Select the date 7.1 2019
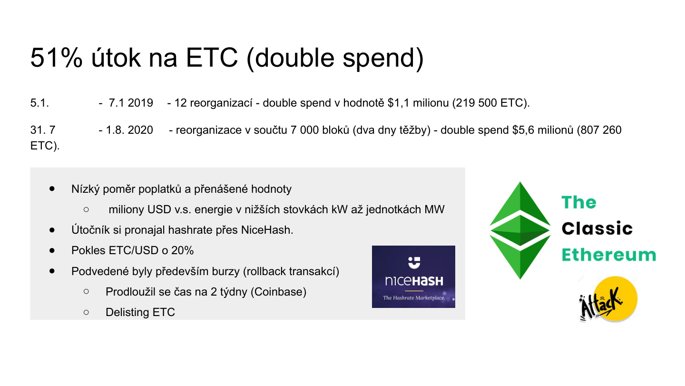tap(131, 103)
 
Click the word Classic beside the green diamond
tap(597, 229)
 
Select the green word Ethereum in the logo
tap(609, 255)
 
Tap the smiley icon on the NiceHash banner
tap(413, 261)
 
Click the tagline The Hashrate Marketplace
tap(413, 298)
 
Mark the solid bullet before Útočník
tap(52, 230)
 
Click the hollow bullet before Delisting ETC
tap(86, 312)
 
